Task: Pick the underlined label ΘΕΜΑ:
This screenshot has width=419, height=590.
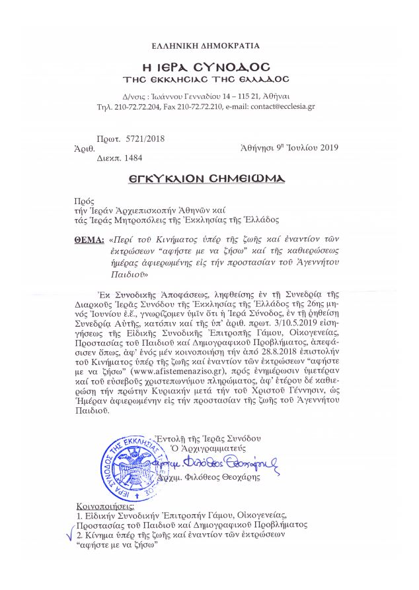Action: click(x=89, y=240)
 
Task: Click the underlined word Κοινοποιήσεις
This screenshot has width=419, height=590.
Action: click(x=104, y=506)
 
